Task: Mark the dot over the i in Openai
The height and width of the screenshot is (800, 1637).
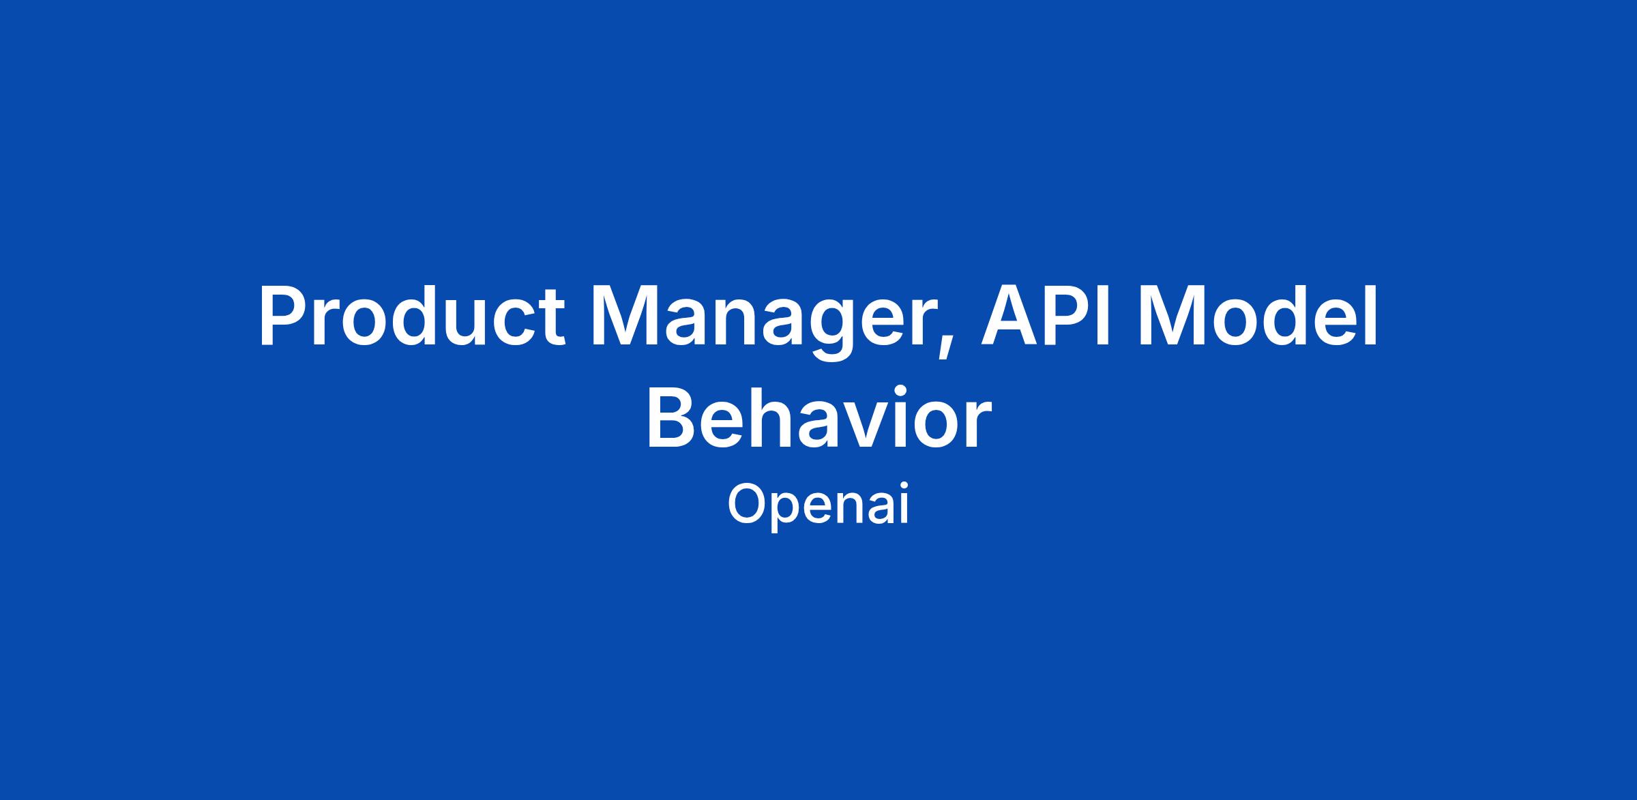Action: (904, 488)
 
